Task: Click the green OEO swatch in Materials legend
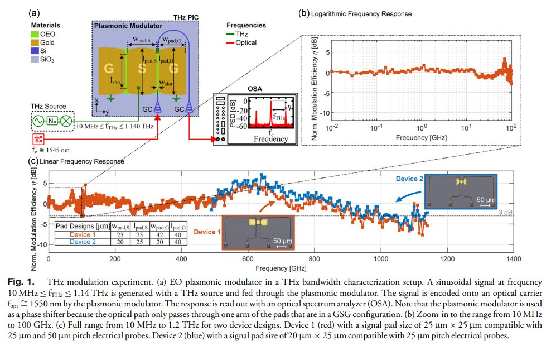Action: click(35, 35)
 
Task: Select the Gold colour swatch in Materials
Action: click(35, 42)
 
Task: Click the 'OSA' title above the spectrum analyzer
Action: click(255, 89)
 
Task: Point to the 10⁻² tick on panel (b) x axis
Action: click(331, 128)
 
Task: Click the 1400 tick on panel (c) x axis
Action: click(513, 259)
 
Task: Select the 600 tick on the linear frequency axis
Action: click(315, 259)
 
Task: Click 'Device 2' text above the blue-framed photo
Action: click(410, 178)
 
